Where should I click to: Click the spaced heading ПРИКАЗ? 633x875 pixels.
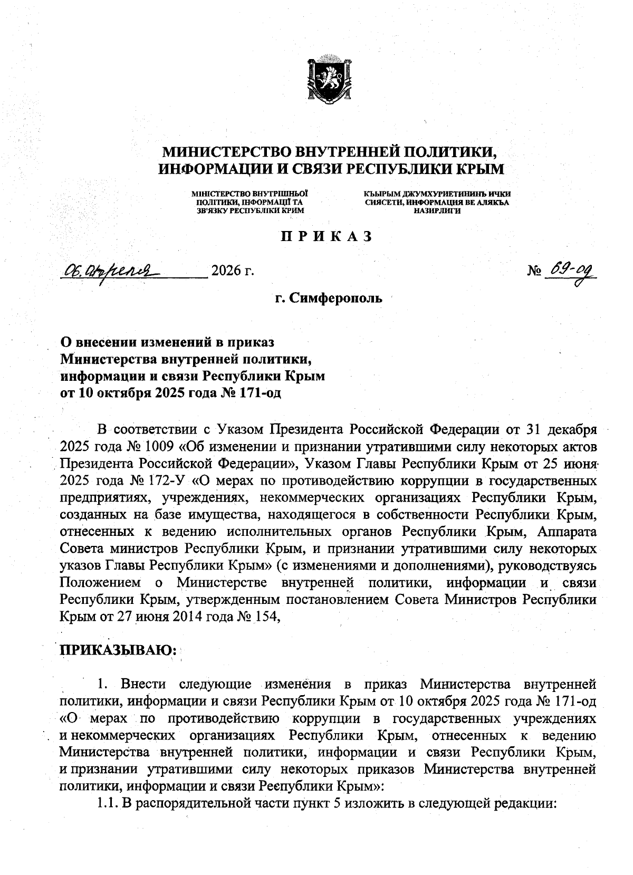(326, 237)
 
